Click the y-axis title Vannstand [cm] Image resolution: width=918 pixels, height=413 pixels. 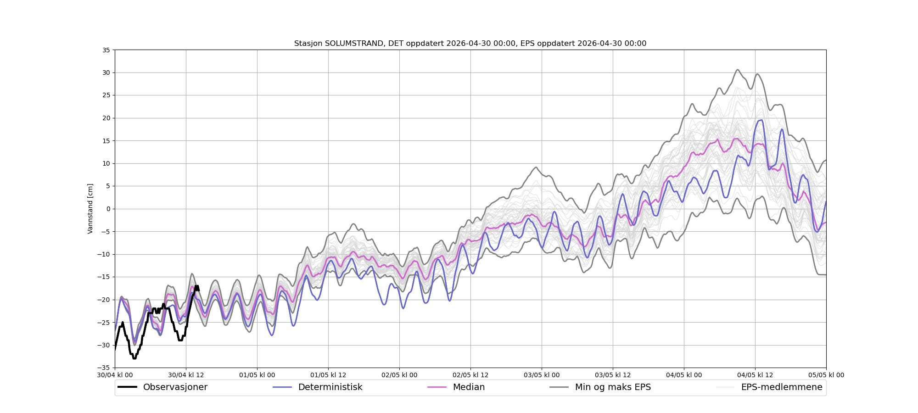[90, 209]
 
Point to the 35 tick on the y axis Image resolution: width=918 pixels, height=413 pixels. [106, 50]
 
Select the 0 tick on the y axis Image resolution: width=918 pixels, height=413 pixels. [108, 209]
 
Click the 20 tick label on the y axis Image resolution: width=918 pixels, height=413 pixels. [106, 118]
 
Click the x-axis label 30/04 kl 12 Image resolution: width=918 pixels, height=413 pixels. [186, 375]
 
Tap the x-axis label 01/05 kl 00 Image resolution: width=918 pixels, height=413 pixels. [257, 375]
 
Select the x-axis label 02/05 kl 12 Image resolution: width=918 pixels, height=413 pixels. [470, 375]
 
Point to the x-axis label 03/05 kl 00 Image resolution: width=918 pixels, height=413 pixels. [542, 375]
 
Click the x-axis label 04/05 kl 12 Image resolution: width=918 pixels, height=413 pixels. [755, 375]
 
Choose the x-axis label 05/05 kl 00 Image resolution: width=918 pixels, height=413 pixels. [826, 375]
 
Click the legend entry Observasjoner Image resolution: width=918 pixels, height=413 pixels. [175, 387]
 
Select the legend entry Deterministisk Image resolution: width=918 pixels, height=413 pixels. [330, 387]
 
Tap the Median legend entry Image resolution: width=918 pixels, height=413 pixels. [469, 387]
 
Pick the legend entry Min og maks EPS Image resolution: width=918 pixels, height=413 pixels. [613, 387]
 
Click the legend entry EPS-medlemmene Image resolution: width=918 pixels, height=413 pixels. [781, 387]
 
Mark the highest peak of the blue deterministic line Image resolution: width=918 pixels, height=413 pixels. [761, 120]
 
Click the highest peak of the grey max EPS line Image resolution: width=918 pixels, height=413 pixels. [738, 70]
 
